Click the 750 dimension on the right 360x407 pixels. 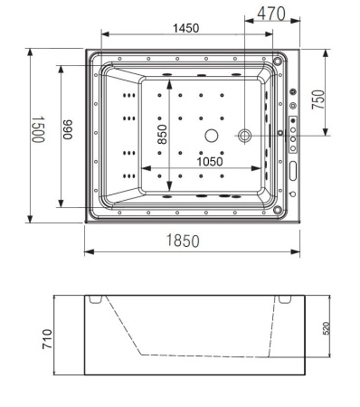[318, 99]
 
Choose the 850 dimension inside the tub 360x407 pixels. [162, 134]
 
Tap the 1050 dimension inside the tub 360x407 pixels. [208, 162]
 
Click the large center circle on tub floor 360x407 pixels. [212, 136]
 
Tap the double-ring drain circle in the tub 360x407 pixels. [246, 135]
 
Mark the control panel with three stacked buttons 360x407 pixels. [293, 132]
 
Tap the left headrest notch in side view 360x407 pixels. [97, 299]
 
